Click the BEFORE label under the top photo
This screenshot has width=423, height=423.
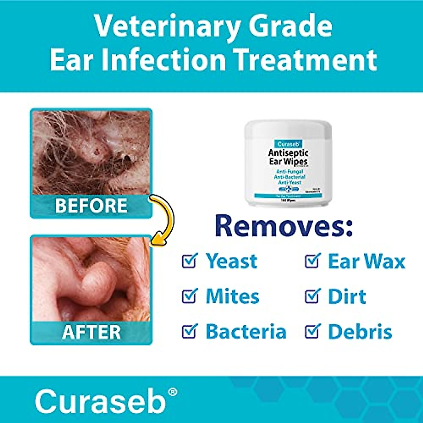[91, 206]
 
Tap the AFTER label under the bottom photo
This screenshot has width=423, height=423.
[91, 332]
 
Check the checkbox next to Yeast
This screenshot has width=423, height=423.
[190, 261]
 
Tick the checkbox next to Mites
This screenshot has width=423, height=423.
[190, 296]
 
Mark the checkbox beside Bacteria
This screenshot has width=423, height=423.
[190, 331]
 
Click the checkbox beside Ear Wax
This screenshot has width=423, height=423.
[312, 261]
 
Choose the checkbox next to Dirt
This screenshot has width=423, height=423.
[312, 296]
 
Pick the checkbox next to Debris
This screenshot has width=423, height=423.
[312, 331]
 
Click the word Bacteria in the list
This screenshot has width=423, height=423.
[246, 332]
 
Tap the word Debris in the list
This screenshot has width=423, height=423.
[360, 332]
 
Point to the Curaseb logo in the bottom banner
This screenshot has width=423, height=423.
[100, 401]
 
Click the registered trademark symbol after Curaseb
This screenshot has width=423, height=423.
[172, 392]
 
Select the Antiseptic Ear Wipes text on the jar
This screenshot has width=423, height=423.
[288, 157]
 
